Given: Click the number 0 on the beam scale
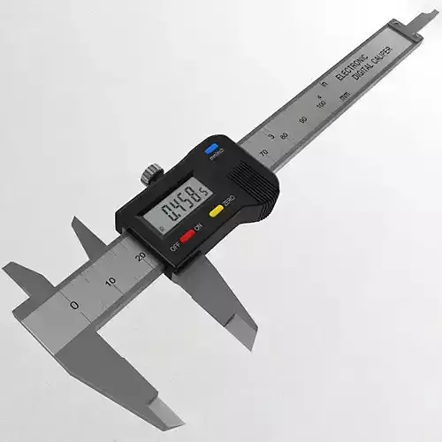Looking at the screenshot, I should pyautogui.click(x=74, y=305).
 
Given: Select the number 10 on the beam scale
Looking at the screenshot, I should pyautogui.click(x=110, y=281).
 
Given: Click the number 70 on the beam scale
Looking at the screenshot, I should pyautogui.click(x=264, y=153).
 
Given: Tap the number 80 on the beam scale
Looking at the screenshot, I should pyautogui.click(x=284, y=136).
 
